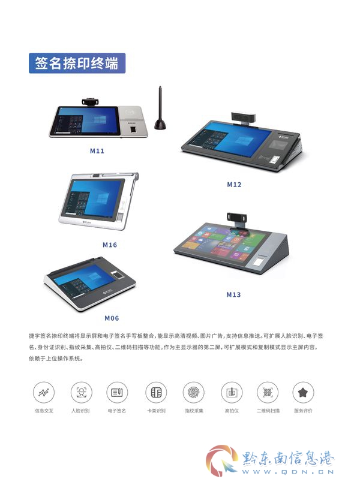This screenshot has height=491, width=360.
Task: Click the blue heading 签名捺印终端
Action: click(77, 64)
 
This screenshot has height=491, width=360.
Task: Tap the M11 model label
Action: click(97, 151)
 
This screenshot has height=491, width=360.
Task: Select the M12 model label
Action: click(234, 185)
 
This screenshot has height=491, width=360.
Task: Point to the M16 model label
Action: click(110, 245)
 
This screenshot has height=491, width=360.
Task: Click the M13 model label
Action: click(233, 294)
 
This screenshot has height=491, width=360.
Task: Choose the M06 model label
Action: click(112, 318)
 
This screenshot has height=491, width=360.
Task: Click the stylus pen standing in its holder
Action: click(160, 109)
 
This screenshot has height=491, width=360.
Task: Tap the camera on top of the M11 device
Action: click(91, 101)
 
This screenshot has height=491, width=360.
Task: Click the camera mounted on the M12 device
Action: click(244, 118)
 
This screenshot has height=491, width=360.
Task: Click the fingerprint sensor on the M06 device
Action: click(118, 275)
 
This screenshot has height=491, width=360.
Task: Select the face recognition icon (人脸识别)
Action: click(81, 392)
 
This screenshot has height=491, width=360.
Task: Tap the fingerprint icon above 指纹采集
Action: click(194, 392)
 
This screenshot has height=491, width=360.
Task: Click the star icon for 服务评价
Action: click(303, 392)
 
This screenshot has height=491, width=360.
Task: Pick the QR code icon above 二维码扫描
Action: click(267, 392)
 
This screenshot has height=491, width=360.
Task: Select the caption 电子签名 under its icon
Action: click(117, 411)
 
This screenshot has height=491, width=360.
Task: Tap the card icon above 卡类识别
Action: click(156, 392)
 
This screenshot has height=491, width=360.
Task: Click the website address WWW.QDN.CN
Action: click(288, 472)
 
